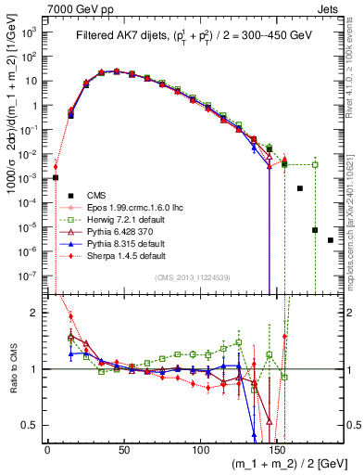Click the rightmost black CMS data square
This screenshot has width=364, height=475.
331,240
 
